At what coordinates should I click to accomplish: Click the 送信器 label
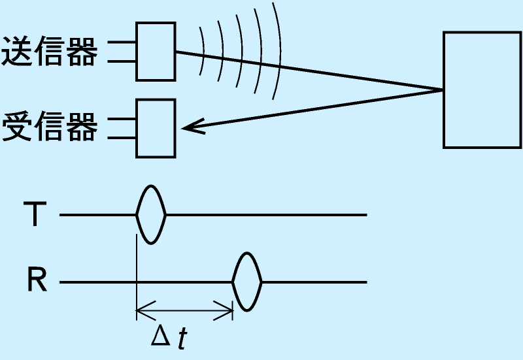click(50, 52)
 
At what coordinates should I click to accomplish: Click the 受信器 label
click(50, 127)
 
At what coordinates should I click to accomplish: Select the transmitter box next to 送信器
click(156, 52)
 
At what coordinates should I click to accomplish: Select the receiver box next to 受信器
click(156, 128)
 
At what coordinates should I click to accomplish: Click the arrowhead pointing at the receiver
click(190, 127)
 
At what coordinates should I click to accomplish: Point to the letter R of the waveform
click(37, 282)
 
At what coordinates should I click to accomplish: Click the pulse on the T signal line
click(151, 214)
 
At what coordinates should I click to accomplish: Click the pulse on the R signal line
click(247, 282)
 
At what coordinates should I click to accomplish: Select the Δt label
click(169, 336)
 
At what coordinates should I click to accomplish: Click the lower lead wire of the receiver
click(122, 139)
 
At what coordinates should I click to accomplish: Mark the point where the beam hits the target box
click(444, 89)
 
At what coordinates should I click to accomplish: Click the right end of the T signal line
click(365, 214)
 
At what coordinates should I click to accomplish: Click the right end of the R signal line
click(365, 282)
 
